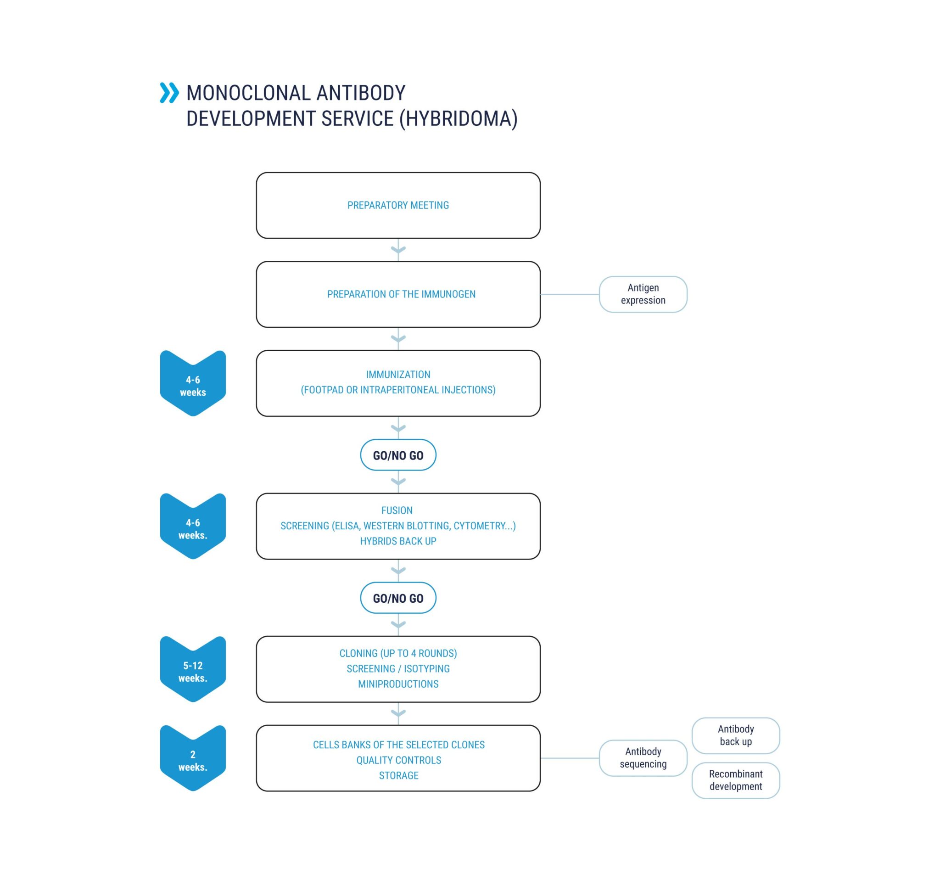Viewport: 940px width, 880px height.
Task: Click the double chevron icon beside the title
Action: click(x=169, y=93)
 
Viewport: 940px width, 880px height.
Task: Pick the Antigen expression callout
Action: click(x=643, y=294)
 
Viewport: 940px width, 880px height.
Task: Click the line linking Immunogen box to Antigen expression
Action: click(x=570, y=294)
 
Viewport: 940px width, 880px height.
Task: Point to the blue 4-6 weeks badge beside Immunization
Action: click(x=193, y=383)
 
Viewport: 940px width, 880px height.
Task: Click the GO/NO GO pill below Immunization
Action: click(x=398, y=455)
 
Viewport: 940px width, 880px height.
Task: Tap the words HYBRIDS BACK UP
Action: click(x=398, y=541)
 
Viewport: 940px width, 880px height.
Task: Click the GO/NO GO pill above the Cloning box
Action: click(x=398, y=598)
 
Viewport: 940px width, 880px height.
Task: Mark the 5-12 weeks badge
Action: click(x=193, y=669)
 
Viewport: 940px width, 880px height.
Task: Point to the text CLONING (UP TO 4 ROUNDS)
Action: click(x=398, y=654)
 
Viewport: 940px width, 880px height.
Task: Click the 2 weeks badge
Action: click(x=193, y=758)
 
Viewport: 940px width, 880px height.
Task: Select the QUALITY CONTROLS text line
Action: click(x=398, y=760)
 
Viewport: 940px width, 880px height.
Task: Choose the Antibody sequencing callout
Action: click(x=643, y=758)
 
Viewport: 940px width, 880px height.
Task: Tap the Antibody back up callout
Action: click(x=736, y=735)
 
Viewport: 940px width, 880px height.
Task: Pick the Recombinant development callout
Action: click(x=736, y=780)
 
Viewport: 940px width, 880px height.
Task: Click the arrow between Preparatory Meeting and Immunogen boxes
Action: click(x=398, y=250)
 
